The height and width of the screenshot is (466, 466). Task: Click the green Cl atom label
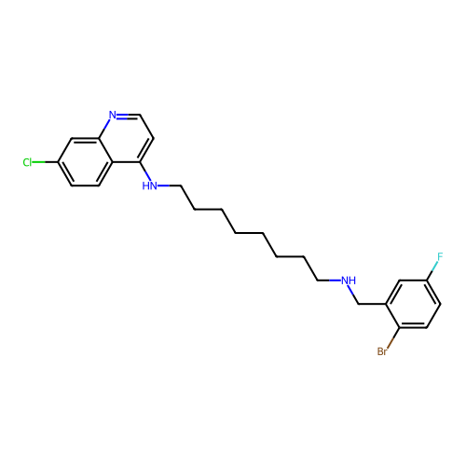click(x=27, y=162)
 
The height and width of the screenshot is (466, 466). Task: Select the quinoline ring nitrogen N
click(x=113, y=115)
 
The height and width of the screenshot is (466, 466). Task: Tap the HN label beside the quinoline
click(x=149, y=185)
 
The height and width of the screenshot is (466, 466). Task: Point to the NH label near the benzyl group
click(x=349, y=281)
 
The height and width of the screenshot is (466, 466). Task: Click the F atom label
click(x=440, y=257)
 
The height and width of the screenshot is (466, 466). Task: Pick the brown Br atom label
click(x=382, y=351)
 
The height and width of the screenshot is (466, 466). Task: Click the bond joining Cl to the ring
click(x=45, y=162)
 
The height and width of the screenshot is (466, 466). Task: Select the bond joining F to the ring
click(x=432, y=270)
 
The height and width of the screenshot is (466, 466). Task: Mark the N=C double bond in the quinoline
click(x=129, y=116)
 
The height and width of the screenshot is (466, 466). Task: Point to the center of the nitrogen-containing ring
click(x=127, y=139)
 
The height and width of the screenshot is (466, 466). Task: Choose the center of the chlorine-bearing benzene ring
click(x=86, y=162)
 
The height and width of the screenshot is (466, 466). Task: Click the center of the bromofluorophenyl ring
click(x=413, y=304)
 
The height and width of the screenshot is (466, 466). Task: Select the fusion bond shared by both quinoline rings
click(x=106, y=150)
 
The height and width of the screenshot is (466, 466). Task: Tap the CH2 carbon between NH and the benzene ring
click(x=359, y=304)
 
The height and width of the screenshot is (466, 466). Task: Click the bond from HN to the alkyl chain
click(x=169, y=185)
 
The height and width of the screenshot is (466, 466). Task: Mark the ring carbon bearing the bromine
click(x=400, y=327)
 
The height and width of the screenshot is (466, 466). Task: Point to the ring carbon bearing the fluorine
click(x=427, y=281)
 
